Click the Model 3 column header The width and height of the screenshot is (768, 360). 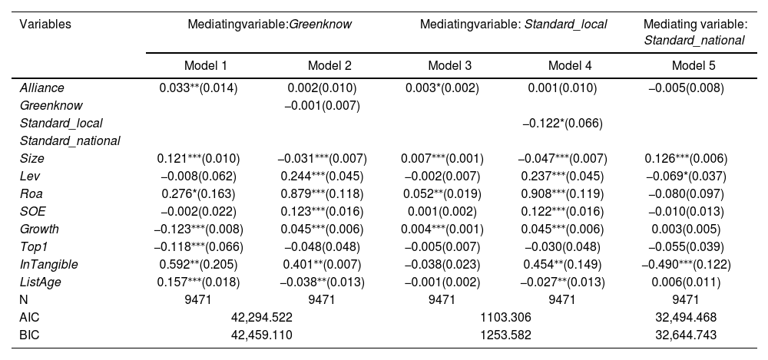pyautogui.click(x=449, y=66)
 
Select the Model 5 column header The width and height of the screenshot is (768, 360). pyautogui.click(x=693, y=66)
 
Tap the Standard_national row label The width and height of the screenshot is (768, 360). pyautogui.click(x=70, y=141)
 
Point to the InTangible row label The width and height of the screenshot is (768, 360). pyautogui.click(x=48, y=265)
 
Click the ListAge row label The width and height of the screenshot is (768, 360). pyautogui.click(x=40, y=282)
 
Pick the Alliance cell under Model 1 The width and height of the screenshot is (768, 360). pyautogui.click(x=198, y=88)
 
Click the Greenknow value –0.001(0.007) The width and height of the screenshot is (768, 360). pyautogui.click(x=323, y=106)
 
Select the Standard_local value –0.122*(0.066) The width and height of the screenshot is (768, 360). pyautogui.click(x=562, y=124)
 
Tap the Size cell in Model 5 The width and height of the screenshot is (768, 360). pyautogui.click(x=686, y=159)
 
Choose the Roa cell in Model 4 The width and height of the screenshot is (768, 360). pyautogui.click(x=562, y=194)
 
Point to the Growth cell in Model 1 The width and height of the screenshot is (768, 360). pyautogui.click(x=198, y=230)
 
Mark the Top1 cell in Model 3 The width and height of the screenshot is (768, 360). pyautogui.click(x=442, y=247)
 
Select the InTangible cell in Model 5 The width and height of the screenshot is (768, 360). pyautogui.click(x=686, y=265)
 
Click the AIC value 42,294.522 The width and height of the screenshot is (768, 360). pyautogui.click(x=262, y=317)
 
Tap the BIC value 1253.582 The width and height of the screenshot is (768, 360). pyautogui.click(x=506, y=335)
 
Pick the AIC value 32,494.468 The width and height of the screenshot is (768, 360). pyautogui.click(x=686, y=317)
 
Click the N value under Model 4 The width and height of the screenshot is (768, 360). pyautogui.click(x=562, y=300)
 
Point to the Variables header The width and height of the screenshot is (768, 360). pyautogui.click(x=45, y=24)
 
